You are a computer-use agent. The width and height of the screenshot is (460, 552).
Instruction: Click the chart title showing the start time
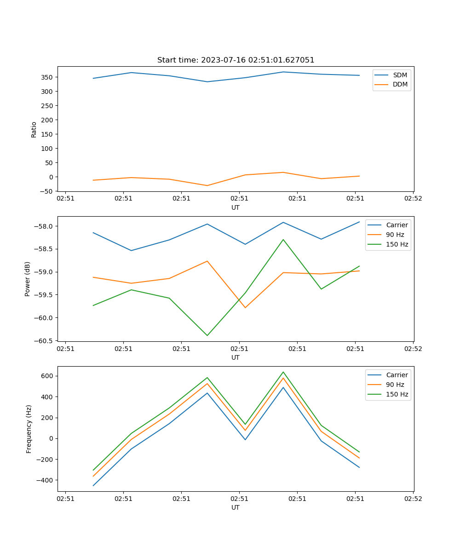click(236, 60)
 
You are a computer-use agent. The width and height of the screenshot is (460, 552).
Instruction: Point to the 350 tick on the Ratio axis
click(48, 77)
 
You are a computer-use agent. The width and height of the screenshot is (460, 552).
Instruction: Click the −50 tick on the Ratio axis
click(47, 191)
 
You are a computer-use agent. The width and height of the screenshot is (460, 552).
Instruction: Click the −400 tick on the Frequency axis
click(46, 480)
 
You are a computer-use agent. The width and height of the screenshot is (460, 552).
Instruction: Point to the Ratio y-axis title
click(34, 130)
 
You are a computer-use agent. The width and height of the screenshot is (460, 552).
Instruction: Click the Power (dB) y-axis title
click(28, 279)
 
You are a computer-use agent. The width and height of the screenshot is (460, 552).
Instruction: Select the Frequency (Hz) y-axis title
click(29, 429)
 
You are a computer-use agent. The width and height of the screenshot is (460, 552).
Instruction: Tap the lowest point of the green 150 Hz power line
click(207, 335)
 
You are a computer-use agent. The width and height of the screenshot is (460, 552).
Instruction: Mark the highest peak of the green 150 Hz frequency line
click(283, 372)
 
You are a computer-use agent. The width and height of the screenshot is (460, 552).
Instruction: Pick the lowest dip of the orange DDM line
click(207, 185)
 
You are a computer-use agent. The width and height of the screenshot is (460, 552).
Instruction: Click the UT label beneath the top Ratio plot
click(236, 207)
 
